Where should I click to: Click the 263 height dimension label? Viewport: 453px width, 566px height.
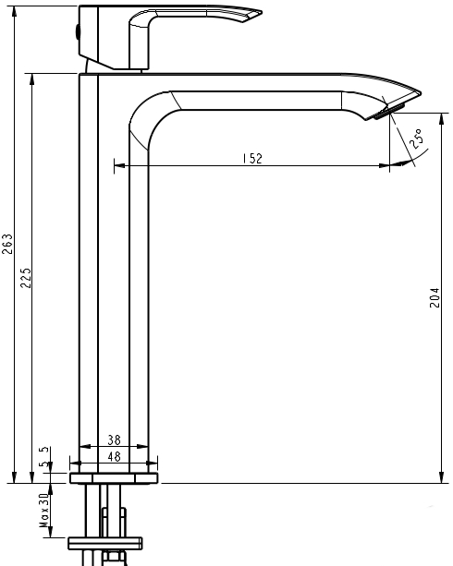tap(8, 244)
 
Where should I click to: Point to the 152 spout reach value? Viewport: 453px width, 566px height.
tap(252, 158)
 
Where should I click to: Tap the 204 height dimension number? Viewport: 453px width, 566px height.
tap(435, 298)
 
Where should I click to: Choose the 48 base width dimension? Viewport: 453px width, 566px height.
tap(115, 456)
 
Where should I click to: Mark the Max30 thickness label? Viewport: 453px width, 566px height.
tap(43, 509)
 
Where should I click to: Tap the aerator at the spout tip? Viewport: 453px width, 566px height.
tap(388, 112)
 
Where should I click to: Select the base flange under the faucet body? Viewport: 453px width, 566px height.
tap(115, 477)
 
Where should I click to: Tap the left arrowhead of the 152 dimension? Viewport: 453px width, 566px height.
tap(117, 166)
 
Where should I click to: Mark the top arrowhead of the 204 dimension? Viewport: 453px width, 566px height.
tap(435, 171)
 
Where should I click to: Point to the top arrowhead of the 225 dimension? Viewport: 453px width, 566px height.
tap(33, 78)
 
